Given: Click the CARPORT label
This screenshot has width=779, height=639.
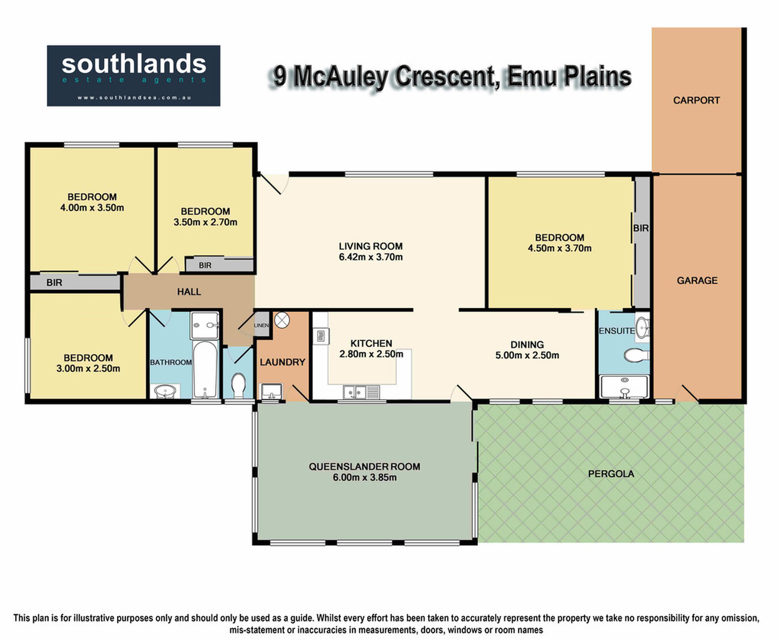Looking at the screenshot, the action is pyautogui.click(x=696, y=100).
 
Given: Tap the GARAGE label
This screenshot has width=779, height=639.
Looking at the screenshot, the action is pyautogui.click(x=697, y=280).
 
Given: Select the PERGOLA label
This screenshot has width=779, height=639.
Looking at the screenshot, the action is pyautogui.click(x=611, y=474).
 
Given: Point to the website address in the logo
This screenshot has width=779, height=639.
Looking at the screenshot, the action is pyautogui.click(x=134, y=98).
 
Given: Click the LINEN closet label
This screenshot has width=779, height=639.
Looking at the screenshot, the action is pyautogui.click(x=261, y=326).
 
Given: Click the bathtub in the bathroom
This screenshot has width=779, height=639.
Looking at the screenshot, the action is pyautogui.click(x=205, y=370).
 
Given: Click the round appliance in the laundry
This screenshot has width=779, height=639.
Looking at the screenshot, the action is pyautogui.click(x=282, y=320).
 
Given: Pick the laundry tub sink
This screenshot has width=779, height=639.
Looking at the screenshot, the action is pyautogui.click(x=271, y=392).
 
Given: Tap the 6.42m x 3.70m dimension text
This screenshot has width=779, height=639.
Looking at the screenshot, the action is pyautogui.click(x=371, y=257).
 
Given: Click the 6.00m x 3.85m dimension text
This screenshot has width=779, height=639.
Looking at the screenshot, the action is pyautogui.click(x=365, y=477).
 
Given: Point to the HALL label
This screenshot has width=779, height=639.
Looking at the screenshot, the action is pyautogui.click(x=189, y=292).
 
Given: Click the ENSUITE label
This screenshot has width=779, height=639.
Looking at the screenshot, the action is pyautogui.click(x=617, y=331).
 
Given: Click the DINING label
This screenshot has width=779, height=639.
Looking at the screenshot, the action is pyautogui.click(x=527, y=345).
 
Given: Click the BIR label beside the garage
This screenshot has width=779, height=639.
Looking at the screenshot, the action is pyautogui.click(x=641, y=228).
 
